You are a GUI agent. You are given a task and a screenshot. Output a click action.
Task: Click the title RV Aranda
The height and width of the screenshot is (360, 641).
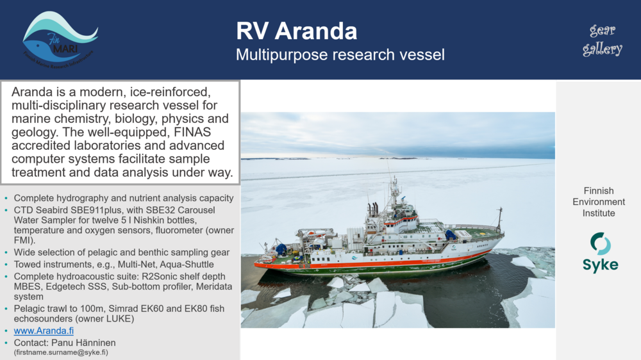[x=296, y=31]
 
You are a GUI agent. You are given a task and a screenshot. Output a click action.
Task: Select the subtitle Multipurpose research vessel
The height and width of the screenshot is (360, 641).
[x=340, y=54]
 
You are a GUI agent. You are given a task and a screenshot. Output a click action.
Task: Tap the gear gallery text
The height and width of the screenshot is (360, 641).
[x=603, y=40]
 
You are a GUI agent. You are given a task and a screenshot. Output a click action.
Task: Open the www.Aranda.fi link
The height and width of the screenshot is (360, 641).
[x=44, y=331]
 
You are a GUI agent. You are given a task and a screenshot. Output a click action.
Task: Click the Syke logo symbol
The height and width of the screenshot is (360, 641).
[x=600, y=243]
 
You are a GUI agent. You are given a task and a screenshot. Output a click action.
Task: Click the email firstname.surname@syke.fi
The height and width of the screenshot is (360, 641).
[x=61, y=352]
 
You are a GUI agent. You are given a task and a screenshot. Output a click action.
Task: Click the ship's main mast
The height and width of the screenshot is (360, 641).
[x=394, y=189]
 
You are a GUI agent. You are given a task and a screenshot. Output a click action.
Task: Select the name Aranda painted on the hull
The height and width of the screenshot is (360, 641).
[x=481, y=245]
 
